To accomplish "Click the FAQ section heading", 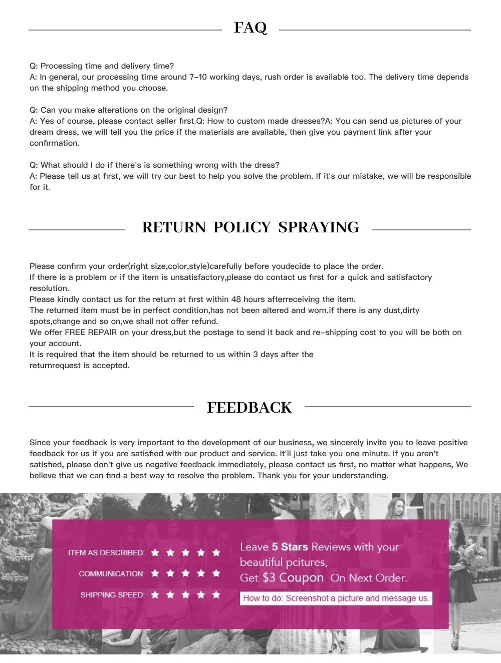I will tap(250, 28).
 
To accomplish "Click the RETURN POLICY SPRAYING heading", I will tap(250, 227).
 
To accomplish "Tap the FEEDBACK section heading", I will tap(249, 408).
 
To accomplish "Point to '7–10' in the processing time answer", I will tap(197, 77).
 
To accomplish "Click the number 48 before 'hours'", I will tap(236, 299).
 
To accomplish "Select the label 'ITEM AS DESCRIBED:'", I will tap(106, 553).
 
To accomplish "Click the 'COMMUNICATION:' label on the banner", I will tap(111, 574).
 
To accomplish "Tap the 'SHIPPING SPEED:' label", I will tap(112, 595).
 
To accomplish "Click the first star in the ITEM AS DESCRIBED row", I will tap(155, 553).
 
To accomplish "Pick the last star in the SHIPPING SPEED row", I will tap(216, 595).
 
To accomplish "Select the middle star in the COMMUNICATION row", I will tap(186, 573).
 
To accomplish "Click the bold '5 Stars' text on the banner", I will tap(290, 547).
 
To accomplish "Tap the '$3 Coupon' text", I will tap(293, 578).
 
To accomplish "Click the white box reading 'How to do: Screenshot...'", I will tap(336, 598).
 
